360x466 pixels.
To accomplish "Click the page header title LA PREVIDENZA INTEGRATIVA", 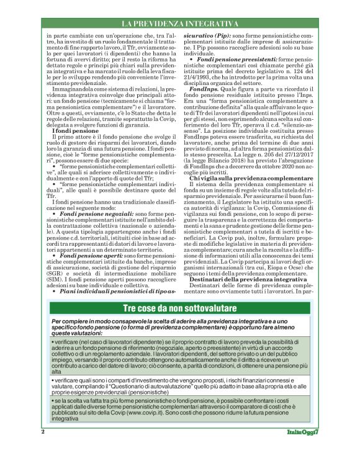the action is (x=179, y=24).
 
